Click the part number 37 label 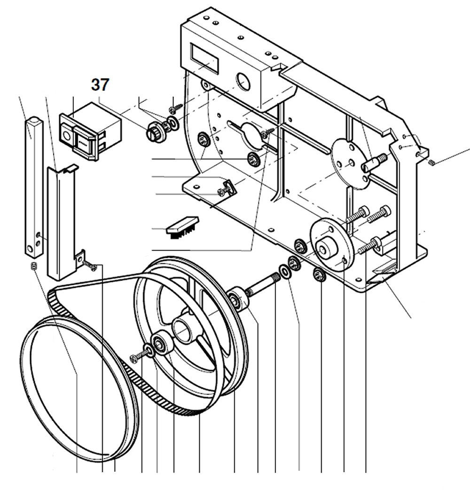click(100, 85)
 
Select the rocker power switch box click(89, 130)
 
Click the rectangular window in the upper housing click(204, 57)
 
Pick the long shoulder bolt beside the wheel click(263, 285)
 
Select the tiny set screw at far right click(432, 162)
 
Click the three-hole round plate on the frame click(350, 163)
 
